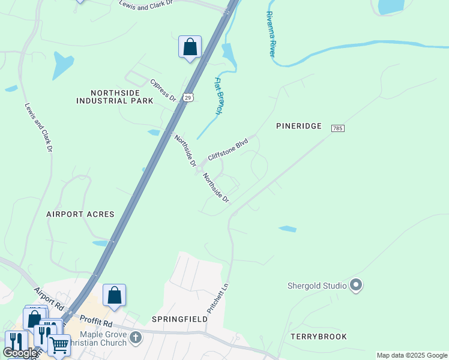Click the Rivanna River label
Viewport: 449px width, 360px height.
point(270,35)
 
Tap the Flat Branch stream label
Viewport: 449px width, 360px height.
point(219,95)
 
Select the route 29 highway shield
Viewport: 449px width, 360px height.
point(188,97)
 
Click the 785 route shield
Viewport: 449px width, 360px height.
point(337,128)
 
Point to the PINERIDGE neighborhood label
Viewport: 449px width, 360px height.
point(299,126)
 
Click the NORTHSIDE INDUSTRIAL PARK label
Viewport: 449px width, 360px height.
point(115,97)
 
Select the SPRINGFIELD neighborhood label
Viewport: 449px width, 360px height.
point(179,319)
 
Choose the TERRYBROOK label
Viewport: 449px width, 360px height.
point(319,337)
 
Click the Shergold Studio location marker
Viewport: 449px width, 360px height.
point(356,286)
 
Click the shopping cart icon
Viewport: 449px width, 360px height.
point(59,345)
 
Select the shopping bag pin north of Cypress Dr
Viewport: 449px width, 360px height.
point(190,47)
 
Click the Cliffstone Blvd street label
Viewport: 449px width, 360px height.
point(228,149)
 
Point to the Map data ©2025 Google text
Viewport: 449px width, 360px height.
point(412,355)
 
